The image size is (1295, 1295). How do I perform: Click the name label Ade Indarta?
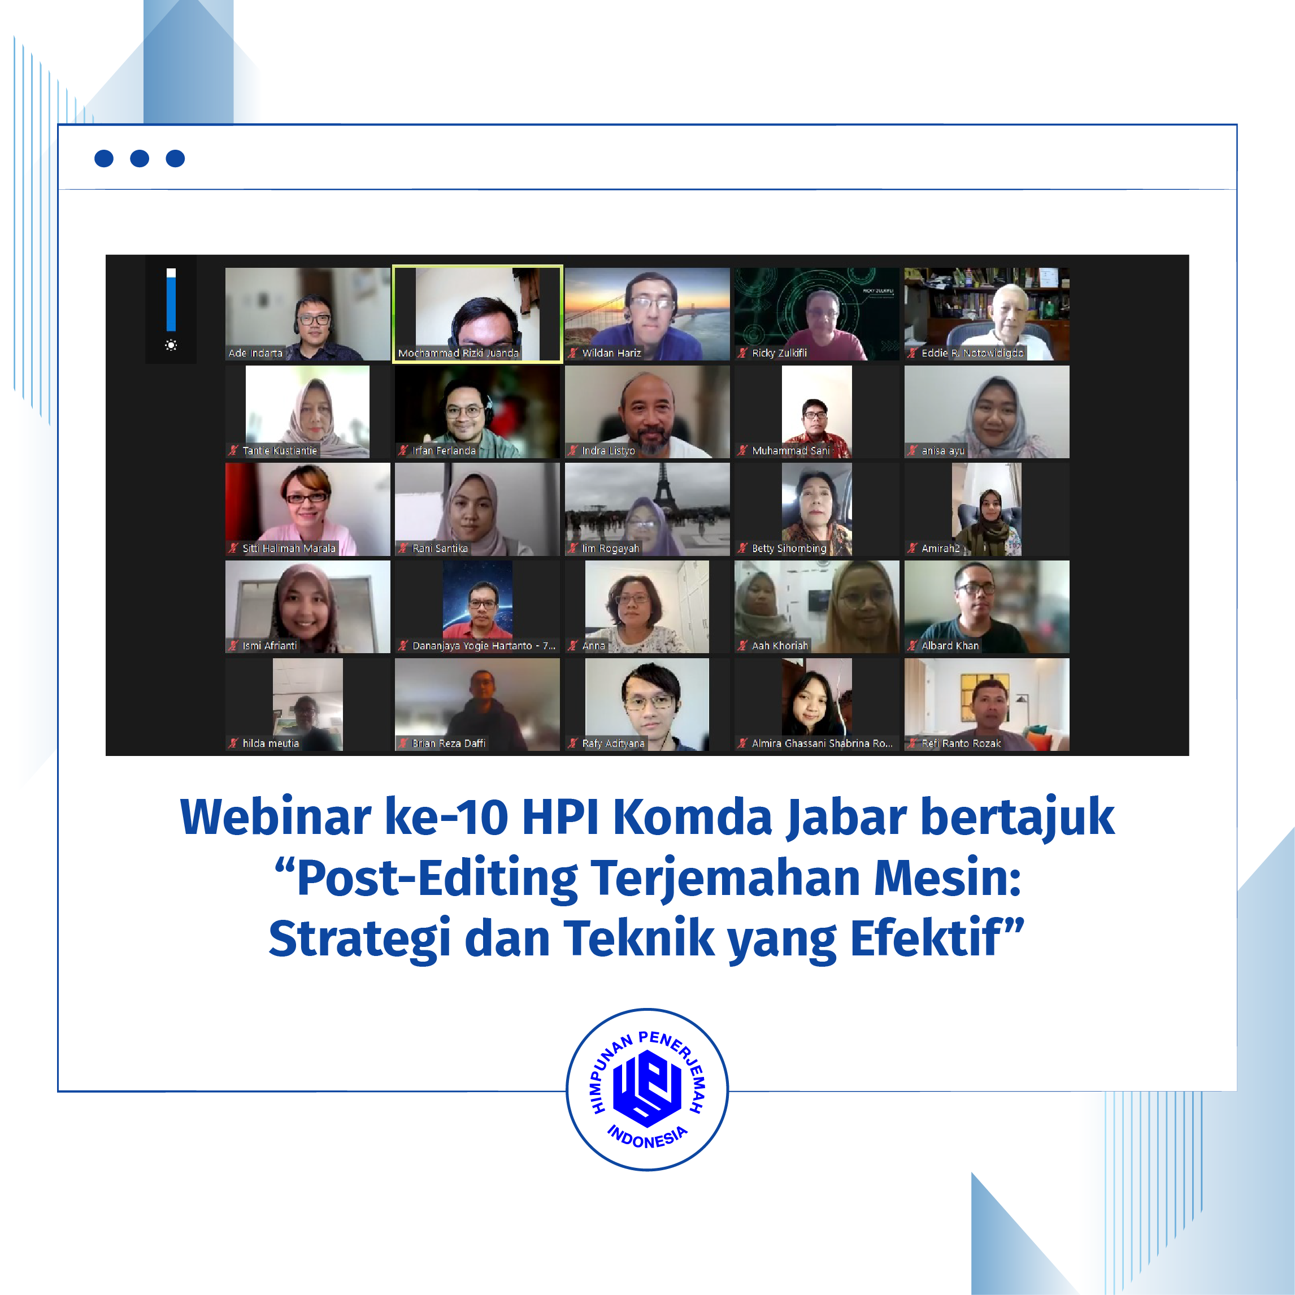[255, 353]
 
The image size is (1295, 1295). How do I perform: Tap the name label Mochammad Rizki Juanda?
[458, 353]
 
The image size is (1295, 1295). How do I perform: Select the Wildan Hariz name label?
[611, 353]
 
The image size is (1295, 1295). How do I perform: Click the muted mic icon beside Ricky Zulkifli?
[742, 353]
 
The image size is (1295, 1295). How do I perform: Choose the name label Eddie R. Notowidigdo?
[972, 353]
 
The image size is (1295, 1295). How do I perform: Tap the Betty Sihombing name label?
[789, 548]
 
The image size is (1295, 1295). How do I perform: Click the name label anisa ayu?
[942, 451]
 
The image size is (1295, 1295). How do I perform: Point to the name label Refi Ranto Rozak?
[961, 744]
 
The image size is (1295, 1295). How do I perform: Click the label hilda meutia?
[270, 744]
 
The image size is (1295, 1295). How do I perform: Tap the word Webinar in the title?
[275, 817]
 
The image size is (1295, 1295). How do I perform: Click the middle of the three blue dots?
[140, 158]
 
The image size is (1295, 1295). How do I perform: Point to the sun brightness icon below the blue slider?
[171, 345]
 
